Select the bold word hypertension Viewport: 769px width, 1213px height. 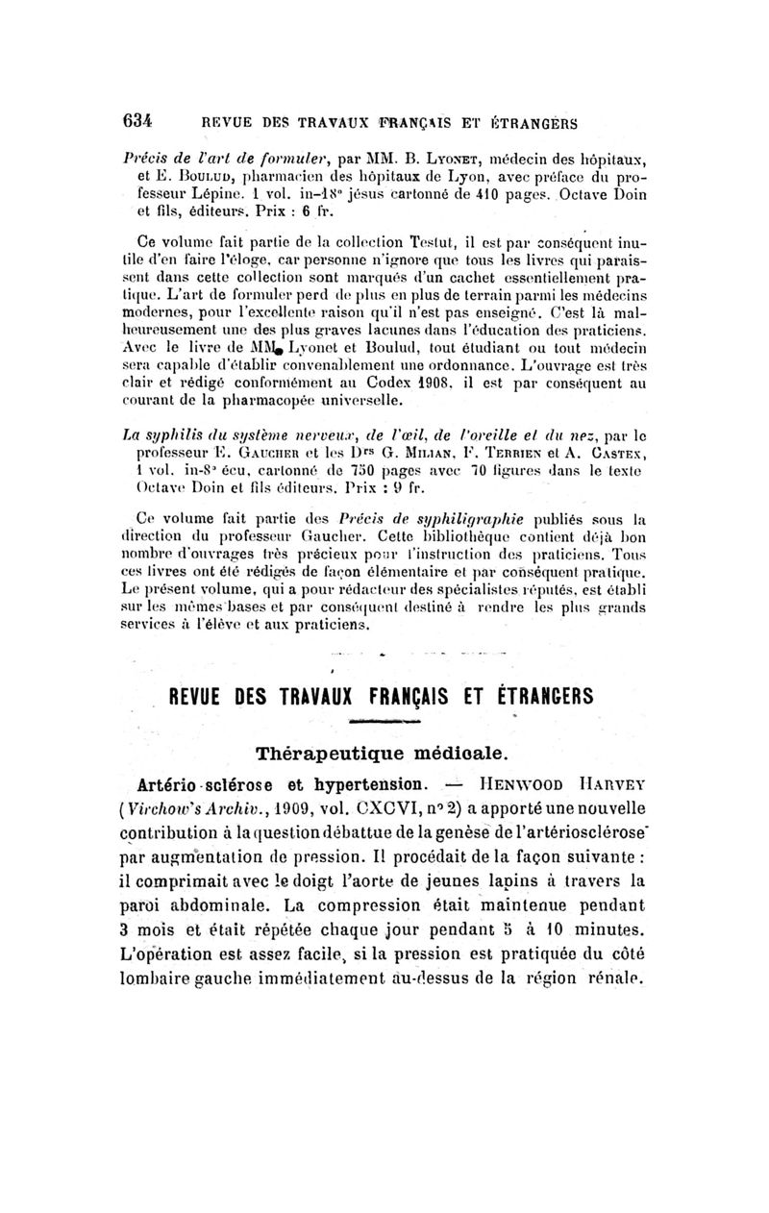click(364, 780)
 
